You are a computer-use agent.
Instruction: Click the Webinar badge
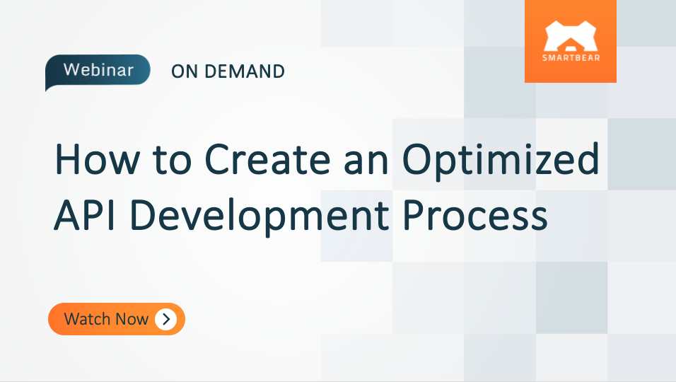click(x=98, y=71)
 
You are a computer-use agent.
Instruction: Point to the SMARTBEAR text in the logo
click(x=571, y=57)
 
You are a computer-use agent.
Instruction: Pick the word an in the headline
click(x=368, y=161)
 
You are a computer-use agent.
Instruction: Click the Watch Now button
click(x=117, y=319)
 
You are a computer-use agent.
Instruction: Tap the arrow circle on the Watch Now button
click(x=165, y=319)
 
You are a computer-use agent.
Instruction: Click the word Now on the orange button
click(x=133, y=319)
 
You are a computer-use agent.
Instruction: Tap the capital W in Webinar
click(x=71, y=71)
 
